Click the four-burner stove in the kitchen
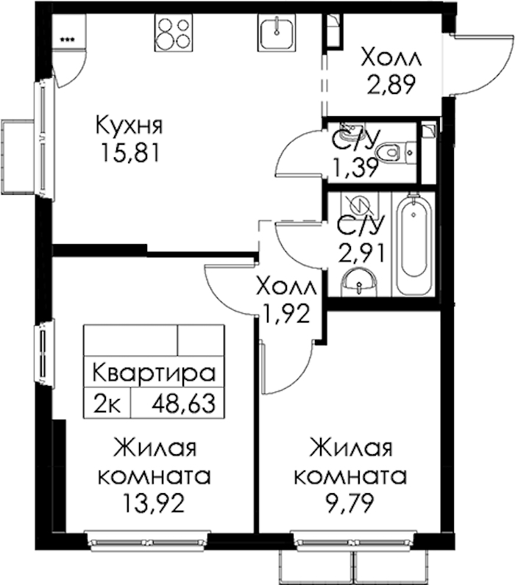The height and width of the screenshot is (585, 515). (174, 33)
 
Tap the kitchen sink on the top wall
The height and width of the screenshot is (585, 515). (277, 32)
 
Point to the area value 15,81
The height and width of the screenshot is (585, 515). (130, 153)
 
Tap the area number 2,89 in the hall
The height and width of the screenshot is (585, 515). (391, 85)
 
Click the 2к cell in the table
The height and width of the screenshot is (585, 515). (107, 403)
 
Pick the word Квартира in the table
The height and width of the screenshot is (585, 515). (154, 373)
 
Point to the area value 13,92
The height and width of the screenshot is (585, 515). (154, 503)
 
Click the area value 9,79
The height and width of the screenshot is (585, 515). (350, 503)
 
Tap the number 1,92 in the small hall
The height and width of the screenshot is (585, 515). (286, 314)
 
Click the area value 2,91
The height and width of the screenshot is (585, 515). (361, 254)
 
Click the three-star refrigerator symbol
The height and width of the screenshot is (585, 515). (67, 39)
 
